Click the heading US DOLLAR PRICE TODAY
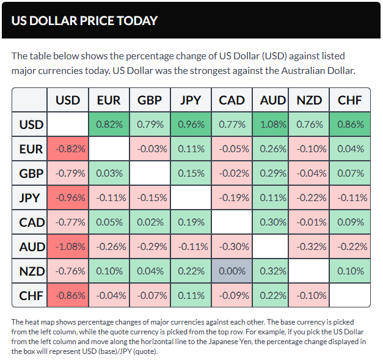pos(84,20)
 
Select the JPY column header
pos(191,100)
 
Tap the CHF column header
pos(349,100)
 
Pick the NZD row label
pos(31,271)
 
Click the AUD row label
pos(31,246)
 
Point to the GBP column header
pos(150,100)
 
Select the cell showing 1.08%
pos(272,125)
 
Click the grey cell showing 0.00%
pos(232,271)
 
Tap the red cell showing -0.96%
pos(68,197)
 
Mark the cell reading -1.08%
pos(68,246)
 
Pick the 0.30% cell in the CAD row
pos(272,222)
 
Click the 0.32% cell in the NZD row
pos(272,271)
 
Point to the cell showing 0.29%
pos(272,173)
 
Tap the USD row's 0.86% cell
pos(349,125)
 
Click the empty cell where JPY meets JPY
pos(191,197)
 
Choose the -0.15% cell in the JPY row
pos(150,197)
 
